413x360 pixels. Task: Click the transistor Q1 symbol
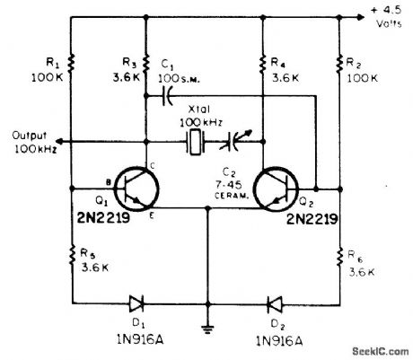tap(136, 189)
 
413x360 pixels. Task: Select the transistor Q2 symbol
tap(276, 189)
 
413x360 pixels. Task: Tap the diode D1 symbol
tap(136, 303)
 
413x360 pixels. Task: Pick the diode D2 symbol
tap(275, 303)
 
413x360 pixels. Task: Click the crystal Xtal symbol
tap(196, 142)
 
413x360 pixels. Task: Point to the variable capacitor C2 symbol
tap(235, 141)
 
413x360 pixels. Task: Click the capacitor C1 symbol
tap(167, 96)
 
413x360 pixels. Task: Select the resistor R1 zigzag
tap(71, 64)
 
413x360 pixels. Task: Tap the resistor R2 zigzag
tap(339, 64)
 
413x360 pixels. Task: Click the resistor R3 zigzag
tap(145, 64)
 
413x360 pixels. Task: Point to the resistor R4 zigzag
tap(263, 64)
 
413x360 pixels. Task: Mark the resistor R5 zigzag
tap(72, 255)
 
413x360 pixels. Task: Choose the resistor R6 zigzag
tap(339, 256)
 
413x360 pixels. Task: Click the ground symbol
tap(207, 329)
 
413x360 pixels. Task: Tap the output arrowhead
tap(59, 141)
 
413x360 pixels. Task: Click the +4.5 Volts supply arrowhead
tap(361, 17)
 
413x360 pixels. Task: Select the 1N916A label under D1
tap(140, 339)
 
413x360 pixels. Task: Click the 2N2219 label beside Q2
tap(312, 219)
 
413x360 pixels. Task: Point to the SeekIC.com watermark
tap(381, 351)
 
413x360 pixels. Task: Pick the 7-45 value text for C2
tap(229, 185)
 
